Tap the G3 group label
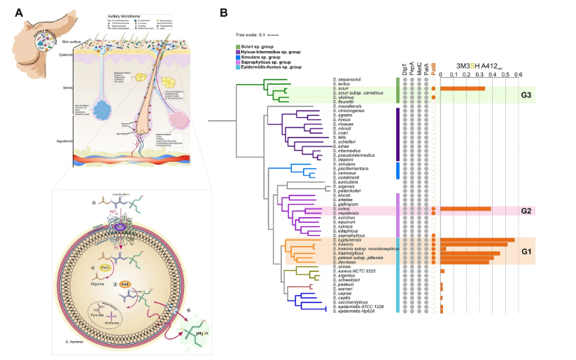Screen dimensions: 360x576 524,94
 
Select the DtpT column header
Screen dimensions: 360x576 404,69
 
